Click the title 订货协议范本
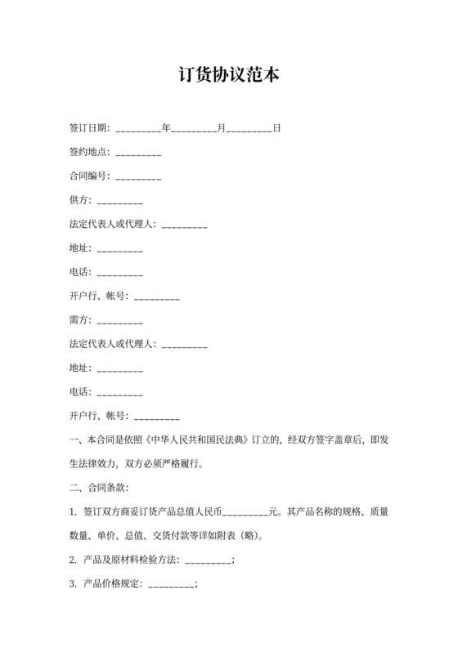tap(229, 75)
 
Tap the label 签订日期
tap(90, 128)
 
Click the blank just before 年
tap(139, 129)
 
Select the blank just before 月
tap(194, 129)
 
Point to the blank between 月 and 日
tap(249, 129)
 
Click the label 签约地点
tap(90, 153)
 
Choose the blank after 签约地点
tap(139, 154)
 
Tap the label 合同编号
tap(90, 176)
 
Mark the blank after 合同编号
tap(139, 177)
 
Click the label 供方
tap(80, 200)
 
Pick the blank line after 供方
tap(120, 201)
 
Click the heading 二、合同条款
tap(99, 488)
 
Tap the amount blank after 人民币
tap(245, 512)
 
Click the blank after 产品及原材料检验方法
tap(209, 560)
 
